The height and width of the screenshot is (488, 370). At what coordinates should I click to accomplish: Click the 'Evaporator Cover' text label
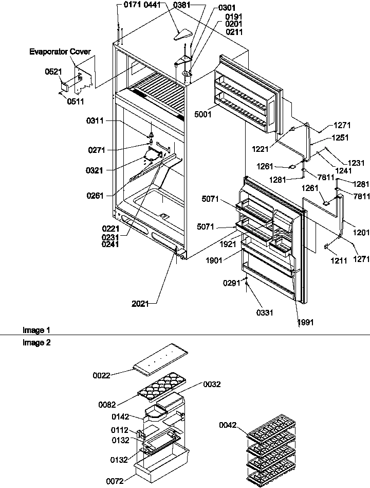point(60,51)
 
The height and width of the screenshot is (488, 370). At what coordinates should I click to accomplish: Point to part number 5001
point(203,115)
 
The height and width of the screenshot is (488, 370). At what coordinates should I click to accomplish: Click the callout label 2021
point(140,304)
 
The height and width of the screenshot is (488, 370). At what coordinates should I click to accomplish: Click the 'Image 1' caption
point(33,330)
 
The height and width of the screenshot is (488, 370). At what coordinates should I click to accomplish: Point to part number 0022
point(101,375)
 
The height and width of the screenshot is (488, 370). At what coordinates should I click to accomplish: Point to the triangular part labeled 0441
point(182,34)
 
